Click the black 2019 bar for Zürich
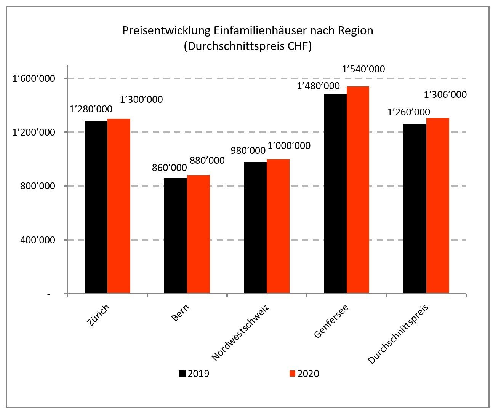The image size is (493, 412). pos(96,207)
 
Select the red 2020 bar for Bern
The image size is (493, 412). pos(198,234)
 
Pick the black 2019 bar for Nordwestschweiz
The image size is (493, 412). pos(255,227)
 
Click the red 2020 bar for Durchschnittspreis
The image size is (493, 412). pos(438,206)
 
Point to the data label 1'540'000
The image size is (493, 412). pos(363,69)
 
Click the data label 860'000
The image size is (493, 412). pos(169,168)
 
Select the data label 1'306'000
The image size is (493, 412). pos(445,94)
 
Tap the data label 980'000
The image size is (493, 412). pos(248,150)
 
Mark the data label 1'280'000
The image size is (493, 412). pos(91,109)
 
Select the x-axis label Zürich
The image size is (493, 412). pos(98,315)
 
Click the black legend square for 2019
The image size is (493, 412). pos(182,374)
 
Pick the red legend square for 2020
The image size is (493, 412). pos(292,374)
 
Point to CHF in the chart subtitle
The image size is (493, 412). pos(297,46)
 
